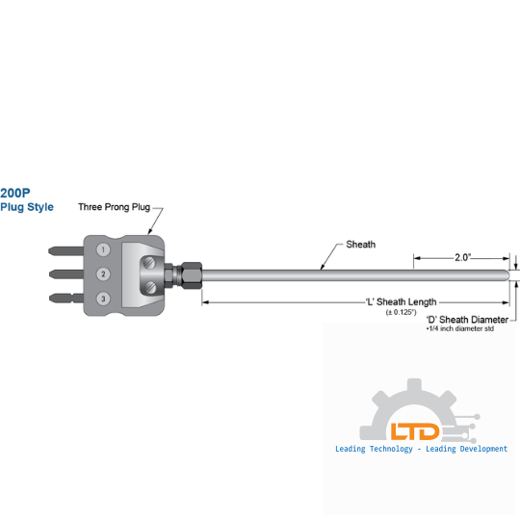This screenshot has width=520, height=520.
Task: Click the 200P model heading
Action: pyautogui.click(x=15, y=193)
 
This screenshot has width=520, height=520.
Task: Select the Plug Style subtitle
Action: pyautogui.click(x=27, y=207)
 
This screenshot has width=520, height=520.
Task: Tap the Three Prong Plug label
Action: pyautogui.click(x=114, y=207)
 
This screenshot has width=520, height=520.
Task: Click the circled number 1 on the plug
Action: pyautogui.click(x=103, y=249)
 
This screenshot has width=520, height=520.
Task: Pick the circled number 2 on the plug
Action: pyautogui.click(x=103, y=273)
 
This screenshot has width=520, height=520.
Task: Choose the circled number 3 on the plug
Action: pyautogui.click(x=103, y=299)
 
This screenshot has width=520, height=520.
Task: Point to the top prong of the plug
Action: pyautogui.click(x=66, y=250)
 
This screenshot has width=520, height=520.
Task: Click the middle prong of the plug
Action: pyautogui.click(x=66, y=274)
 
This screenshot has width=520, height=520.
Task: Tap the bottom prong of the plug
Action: pyautogui.click(x=66, y=298)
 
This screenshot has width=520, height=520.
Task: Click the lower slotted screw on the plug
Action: pyautogui.click(x=150, y=287)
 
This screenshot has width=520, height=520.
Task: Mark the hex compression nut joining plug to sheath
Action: pyautogui.click(x=191, y=275)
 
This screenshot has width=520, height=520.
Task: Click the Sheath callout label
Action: pyautogui.click(x=361, y=245)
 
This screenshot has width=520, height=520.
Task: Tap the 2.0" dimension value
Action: pyautogui.click(x=462, y=257)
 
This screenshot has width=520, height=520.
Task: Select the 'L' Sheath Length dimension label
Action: pyautogui.click(x=402, y=301)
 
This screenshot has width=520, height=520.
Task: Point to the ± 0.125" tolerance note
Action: pyautogui.click(x=401, y=312)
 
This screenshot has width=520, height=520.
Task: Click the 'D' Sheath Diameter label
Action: pyautogui.click(x=467, y=320)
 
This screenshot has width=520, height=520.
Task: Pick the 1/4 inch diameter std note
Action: pyautogui.click(x=460, y=328)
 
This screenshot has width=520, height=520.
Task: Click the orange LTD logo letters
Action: pyautogui.click(x=415, y=431)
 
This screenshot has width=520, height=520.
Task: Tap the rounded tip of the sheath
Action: pyautogui.click(x=507, y=275)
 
